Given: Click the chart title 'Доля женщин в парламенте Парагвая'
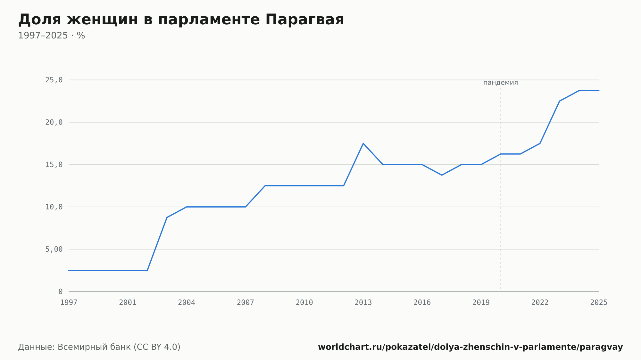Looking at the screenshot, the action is [181, 20].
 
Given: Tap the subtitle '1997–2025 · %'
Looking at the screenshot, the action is [52, 36].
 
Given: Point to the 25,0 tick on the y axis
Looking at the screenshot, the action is [54, 80].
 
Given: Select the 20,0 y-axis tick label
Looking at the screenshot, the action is [54, 122].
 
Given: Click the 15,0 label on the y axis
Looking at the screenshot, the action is [54, 165].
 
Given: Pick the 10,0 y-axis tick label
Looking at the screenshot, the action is [54, 207].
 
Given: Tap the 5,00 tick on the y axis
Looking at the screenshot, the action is [54, 249].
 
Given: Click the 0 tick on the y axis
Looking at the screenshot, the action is [61, 291].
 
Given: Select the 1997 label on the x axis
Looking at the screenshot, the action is [69, 303].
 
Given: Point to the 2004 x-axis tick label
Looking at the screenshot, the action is [187, 303].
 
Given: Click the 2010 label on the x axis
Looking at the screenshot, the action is [304, 303].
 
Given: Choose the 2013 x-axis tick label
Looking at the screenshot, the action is [363, 303].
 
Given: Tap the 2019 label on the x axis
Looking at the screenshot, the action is [481, 303].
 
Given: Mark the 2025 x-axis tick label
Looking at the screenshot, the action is [599, 303].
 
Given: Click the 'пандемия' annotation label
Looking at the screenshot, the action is [501, 83].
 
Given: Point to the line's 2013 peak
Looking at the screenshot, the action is [363, 143].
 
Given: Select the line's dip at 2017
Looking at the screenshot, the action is [442, 175].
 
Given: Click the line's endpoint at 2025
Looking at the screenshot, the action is [599, 91].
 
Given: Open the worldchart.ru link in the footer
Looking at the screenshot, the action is [470, 347].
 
